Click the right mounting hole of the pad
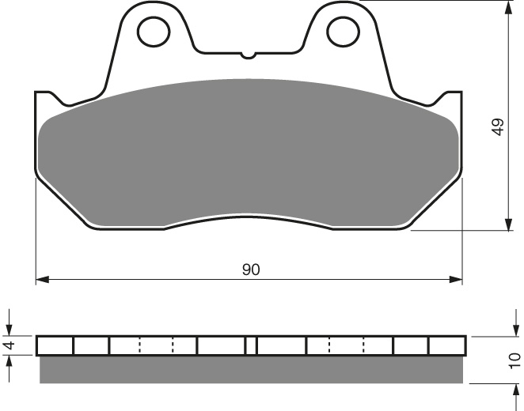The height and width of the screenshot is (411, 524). coord(340,31)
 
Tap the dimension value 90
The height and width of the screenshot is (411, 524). coord(250,270)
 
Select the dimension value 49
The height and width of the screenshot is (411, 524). coord(498,129)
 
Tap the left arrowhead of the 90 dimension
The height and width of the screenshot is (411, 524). coord(42,279)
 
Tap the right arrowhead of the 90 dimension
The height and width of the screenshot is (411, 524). coord(457,279)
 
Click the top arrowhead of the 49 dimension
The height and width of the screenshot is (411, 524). coord(507,7)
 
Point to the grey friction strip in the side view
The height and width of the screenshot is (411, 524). coord(250,369)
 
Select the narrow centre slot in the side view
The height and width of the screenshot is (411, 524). coord(250,345)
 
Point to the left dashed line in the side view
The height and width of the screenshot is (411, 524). coord(139,345)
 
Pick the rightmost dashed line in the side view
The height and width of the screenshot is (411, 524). coord(363,345)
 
